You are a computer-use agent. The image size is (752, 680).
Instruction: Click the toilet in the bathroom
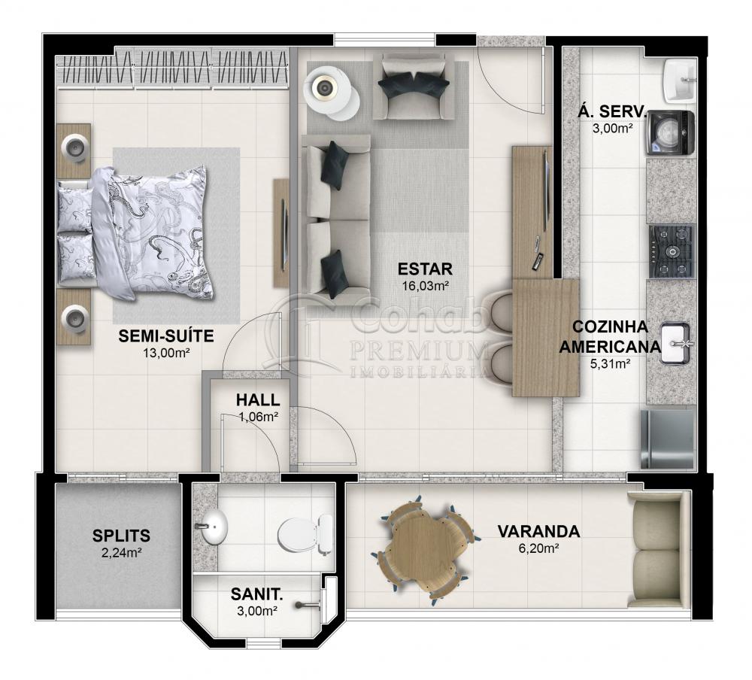click(x=305, y=533)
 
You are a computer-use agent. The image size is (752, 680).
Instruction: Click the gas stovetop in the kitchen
click(x=672, y=250)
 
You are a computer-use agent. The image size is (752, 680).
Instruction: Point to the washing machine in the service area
click(x=669, y=133)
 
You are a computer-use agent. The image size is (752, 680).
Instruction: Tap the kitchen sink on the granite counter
click(x=678, y=343)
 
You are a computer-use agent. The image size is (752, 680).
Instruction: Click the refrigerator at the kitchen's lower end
click(x=667, y=439)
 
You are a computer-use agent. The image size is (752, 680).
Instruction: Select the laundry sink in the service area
click(x=681, y=80)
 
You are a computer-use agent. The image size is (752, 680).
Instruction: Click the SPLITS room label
click(x=121, y=536)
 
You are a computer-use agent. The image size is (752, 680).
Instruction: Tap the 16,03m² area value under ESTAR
click(x=425, y=285)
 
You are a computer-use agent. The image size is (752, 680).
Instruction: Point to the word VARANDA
click(x=538, y=532)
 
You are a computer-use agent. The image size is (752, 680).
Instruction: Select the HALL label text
click(x=257, y=400)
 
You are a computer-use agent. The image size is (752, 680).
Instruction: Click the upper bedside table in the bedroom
click(x=75, y=149)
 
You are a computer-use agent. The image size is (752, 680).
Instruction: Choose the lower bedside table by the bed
click(x=75, y=317)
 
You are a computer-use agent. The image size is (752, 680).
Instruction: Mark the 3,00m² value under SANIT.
click(x=256, y=611)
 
